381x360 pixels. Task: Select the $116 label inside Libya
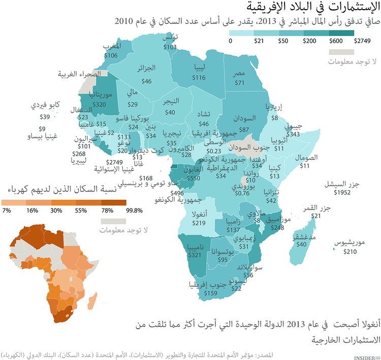(x=199, y=77)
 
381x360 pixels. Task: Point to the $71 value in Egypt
(x=239, y=82)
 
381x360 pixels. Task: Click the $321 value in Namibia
(x=195, y=254)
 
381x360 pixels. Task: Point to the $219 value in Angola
(x=199, y=223)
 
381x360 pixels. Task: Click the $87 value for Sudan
(x=244, y=130)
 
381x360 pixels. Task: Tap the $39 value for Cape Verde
(x=44, y=116)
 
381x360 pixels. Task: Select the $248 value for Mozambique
(x=277, y=228)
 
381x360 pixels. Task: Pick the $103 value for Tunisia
(x=170, y=46)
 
